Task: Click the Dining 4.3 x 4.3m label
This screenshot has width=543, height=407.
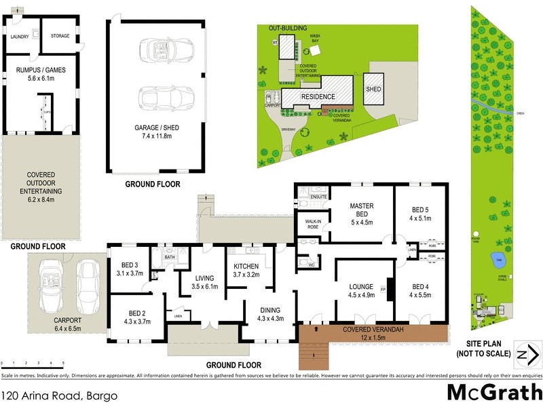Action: [x=269, y=314]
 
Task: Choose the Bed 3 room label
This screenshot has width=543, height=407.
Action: [x=131, y=269]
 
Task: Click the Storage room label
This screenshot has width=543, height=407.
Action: [x=60, y=36]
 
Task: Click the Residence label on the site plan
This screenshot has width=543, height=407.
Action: [x=318, y=96]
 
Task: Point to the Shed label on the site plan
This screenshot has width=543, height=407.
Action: [x=373, y=89]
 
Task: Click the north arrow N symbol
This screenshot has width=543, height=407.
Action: [x=528, y=355]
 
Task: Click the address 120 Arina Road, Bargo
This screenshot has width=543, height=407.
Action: [x=60, y=395]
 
